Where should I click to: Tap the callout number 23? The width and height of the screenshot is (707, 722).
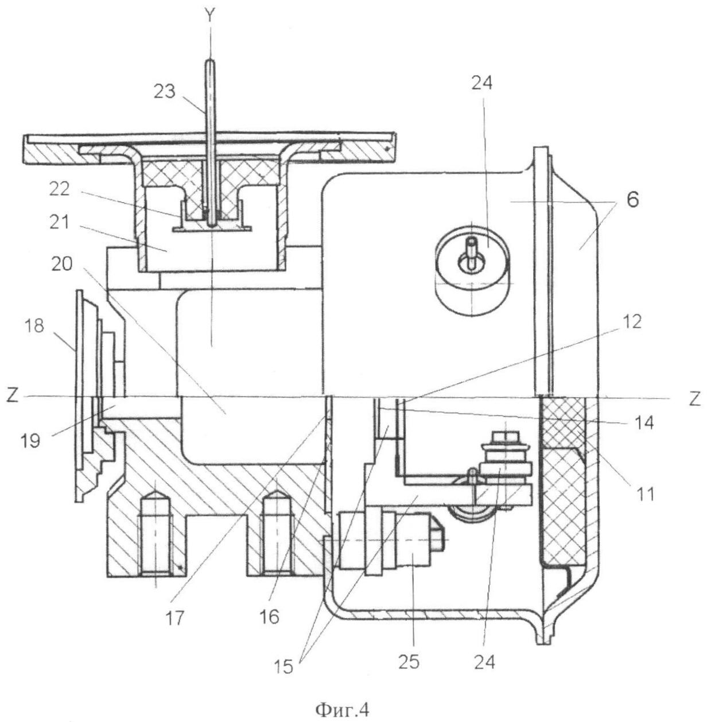[165, 91]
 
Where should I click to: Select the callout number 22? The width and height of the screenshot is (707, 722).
[60, 189]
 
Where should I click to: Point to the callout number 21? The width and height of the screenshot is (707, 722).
[60, 223]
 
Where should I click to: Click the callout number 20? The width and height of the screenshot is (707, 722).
[62, 265]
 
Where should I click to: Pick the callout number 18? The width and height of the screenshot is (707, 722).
[34, 326]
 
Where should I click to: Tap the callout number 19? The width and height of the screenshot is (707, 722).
[31, 441]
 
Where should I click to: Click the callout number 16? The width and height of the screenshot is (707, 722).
[269, 617]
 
